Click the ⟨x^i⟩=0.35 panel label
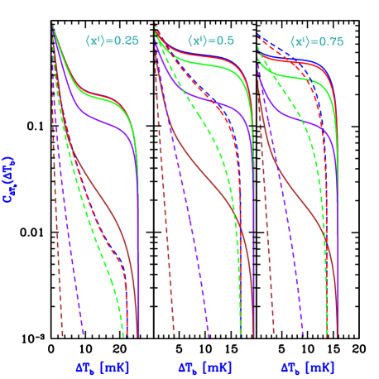(x=112, y=41)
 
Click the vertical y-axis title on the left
(x=11, y=181)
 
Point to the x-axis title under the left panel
(x=103, y=367)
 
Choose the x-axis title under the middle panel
(x=205, y=367)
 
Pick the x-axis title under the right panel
(x=308, y=367)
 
